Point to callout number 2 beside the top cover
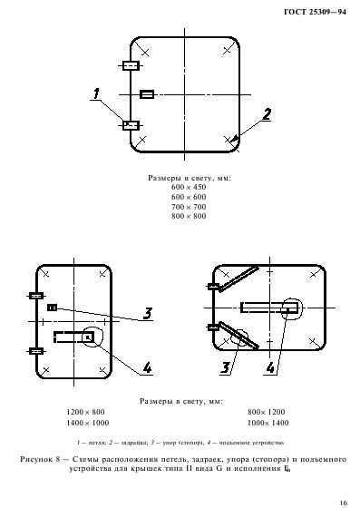(x=267, y=114)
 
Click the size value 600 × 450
(x=189, y=188)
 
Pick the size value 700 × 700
(x=189, y=206)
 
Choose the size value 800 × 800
(x=189, y=216)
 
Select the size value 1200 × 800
(x=86, y=411)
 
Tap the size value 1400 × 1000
(x=86, y=422)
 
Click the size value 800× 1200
(x=267, y=411)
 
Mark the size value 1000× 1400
(x=267, y=422)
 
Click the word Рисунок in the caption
(x=40, y=460)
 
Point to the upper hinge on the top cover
(x=130, y=65)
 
